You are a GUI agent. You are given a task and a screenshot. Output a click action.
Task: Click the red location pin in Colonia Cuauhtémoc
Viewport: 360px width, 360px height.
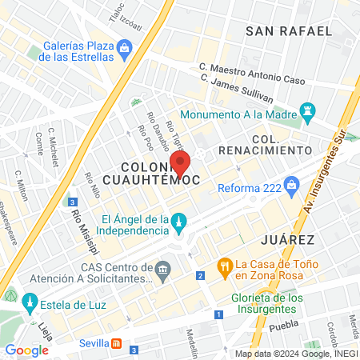[180, 162]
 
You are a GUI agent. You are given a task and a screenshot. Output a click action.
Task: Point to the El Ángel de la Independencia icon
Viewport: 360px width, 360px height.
[180, 220]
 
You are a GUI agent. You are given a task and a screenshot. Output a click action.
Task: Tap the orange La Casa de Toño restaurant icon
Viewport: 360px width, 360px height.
[226, 265]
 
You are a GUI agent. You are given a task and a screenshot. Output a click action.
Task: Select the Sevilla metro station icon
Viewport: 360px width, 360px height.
[118, 343]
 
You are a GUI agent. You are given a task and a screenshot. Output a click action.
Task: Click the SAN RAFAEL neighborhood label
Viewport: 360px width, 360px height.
[288, 31]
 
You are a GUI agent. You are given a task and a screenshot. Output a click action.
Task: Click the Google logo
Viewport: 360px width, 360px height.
[27, 350]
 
